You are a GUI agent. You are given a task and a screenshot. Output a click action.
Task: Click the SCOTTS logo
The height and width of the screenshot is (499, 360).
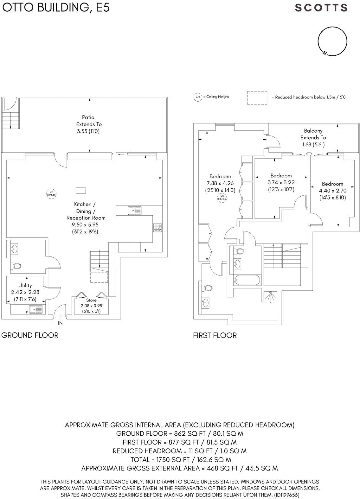point(321,8)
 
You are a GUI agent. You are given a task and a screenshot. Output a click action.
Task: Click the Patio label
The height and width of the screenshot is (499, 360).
point(88,117)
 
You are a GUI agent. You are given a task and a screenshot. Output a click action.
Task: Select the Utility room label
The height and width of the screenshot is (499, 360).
point(25,285)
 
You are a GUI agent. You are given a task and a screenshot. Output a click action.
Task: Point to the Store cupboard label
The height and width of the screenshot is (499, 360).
point(91,300)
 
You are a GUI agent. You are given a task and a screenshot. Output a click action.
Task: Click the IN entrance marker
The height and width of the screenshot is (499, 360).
point(60,323)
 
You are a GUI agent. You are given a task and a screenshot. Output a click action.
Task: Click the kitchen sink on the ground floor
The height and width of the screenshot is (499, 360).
point(135,210)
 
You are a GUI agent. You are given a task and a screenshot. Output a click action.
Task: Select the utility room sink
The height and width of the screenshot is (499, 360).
point(36,309)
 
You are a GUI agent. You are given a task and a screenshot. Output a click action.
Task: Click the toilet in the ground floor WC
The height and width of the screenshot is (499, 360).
point(16,266)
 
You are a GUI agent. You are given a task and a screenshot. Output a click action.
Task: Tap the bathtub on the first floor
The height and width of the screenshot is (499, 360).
point(247,280)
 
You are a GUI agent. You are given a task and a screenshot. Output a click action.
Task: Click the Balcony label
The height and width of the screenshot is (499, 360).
point(313,131)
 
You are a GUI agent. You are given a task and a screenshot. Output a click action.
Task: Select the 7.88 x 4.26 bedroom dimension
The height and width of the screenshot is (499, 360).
point(220,183)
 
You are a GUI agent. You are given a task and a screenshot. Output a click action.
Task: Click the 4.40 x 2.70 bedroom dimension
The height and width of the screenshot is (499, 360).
point(332,191)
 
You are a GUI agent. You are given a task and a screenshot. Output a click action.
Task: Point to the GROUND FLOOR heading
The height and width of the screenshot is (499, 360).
point(30,335)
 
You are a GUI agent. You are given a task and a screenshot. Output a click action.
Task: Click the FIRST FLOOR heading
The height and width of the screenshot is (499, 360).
point(215,335)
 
